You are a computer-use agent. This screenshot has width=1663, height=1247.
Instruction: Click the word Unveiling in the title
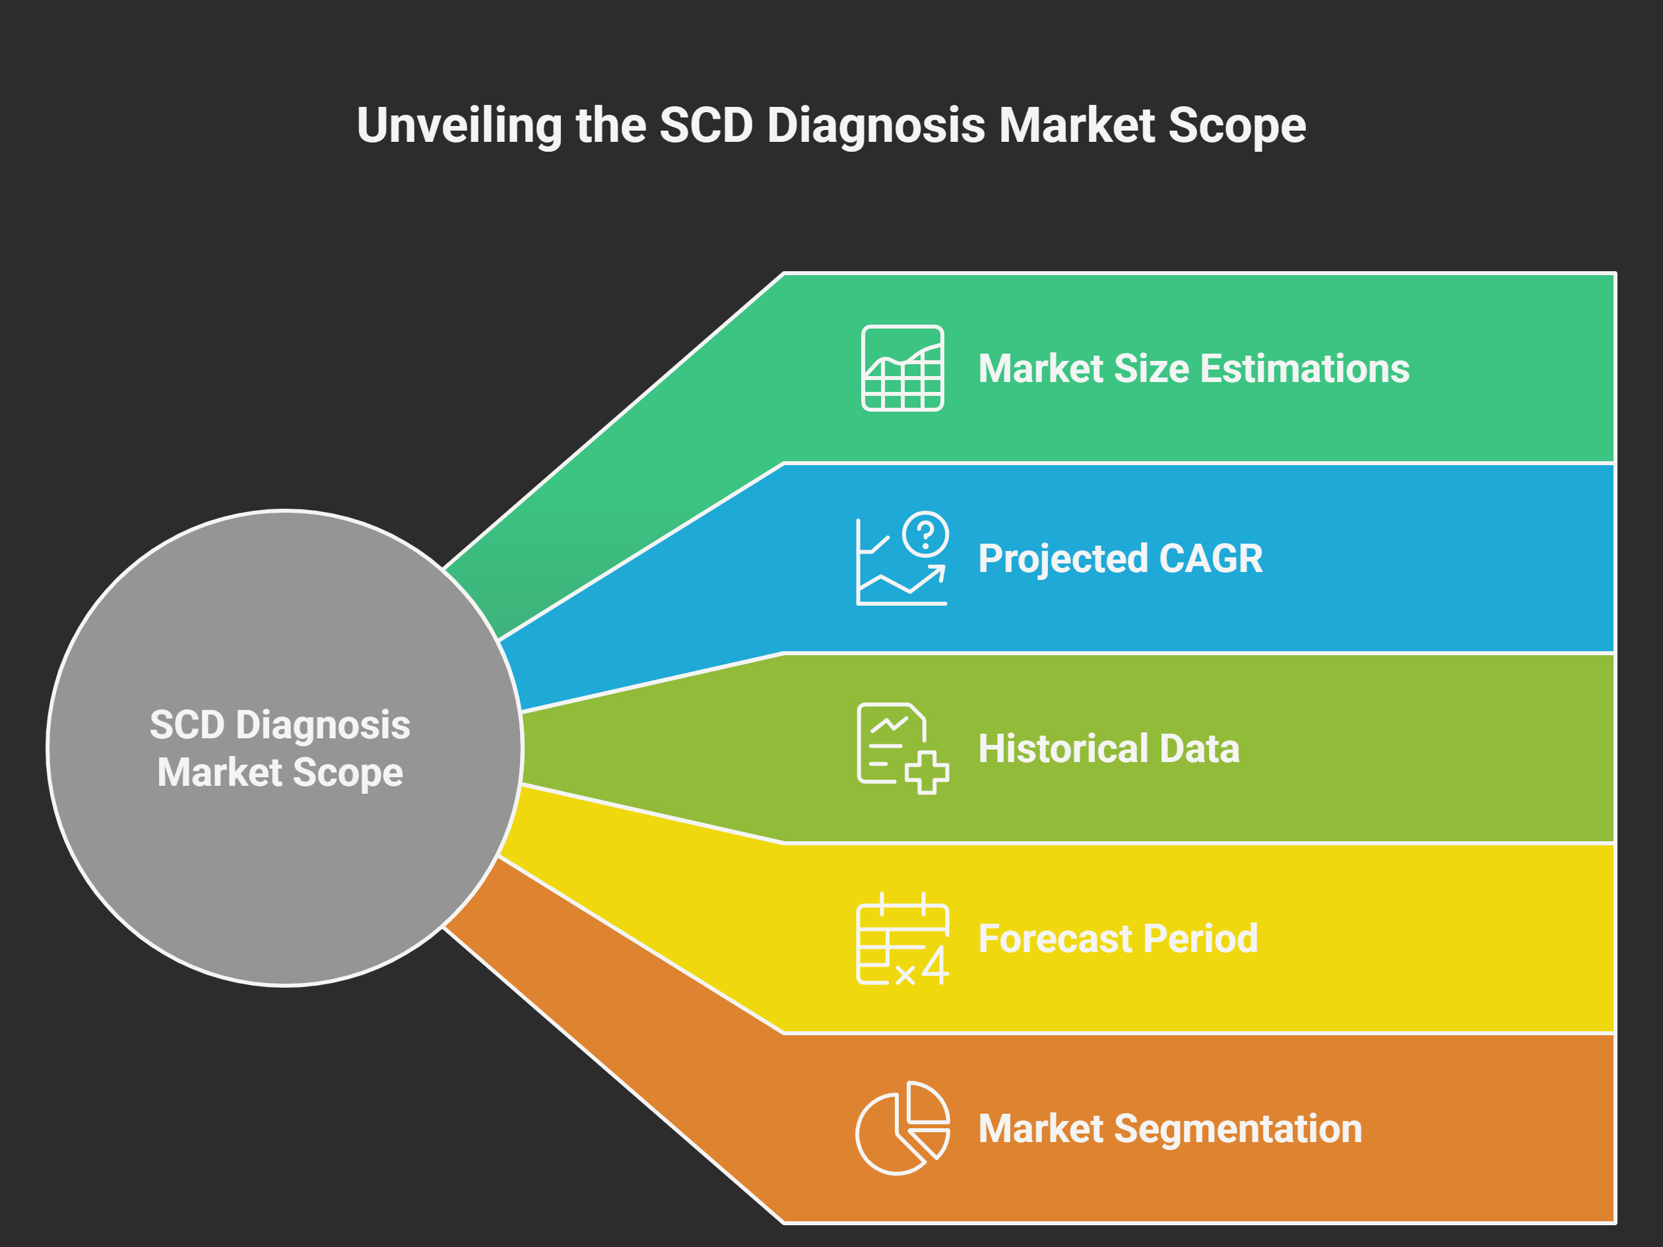pos(459,125)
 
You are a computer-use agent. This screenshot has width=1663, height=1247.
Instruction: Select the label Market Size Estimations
pos(1193,369)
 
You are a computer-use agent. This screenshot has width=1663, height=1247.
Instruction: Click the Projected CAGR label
pos(1120,558)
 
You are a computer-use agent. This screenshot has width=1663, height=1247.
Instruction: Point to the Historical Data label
pos(1108,749)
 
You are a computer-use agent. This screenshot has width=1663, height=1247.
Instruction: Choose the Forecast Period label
pos(1118,939)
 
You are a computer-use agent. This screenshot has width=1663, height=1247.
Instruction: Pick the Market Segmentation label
pos(1170,1129)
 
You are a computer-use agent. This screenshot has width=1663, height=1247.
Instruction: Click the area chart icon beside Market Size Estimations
pos(902,368)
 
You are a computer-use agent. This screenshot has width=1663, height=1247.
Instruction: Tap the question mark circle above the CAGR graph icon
pos(925,534)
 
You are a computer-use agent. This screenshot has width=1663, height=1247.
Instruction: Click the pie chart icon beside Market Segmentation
pos(902,1128)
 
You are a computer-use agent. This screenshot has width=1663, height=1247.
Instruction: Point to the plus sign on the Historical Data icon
pos(927,772)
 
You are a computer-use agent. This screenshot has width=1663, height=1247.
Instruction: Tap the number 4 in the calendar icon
pos(935,966)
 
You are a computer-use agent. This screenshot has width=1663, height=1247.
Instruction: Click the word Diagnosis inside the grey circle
pos(323,725)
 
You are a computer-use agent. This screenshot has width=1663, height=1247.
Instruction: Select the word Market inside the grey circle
pos(219,773)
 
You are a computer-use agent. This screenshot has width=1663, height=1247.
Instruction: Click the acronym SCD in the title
pos(706,125)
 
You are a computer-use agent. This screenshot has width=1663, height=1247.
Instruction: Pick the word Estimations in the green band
pos(1305,369)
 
